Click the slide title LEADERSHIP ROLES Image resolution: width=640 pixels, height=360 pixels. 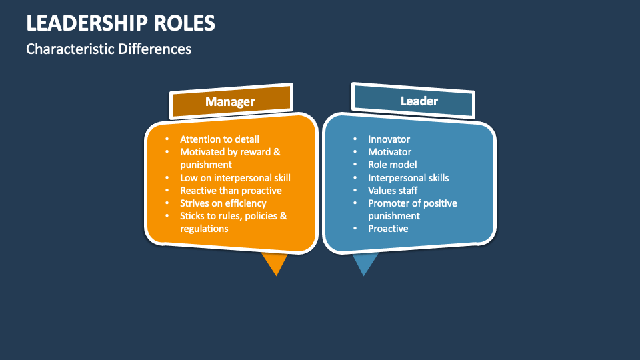(121, 23)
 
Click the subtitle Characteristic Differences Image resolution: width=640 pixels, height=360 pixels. (109, 49)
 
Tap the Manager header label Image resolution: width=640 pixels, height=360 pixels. (230, 101)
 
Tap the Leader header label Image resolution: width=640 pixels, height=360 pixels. (419, 101)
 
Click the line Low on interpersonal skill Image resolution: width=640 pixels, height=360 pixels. (235, 178)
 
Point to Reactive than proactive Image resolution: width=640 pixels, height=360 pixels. (231, 191)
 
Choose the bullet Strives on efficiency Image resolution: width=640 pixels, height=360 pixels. (223, 203)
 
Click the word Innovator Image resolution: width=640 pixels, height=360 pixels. (389, 139)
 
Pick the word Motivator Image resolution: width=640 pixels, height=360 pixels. (390, 152)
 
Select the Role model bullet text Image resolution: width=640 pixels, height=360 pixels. (393, 165)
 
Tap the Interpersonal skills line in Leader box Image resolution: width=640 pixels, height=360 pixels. (409, 178)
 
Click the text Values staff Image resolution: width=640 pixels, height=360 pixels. (393, 191)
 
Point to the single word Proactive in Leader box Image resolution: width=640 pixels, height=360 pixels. (389, 229)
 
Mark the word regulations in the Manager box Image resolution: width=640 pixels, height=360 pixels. (205, 229)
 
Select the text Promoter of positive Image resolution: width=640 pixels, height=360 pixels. (413, 203)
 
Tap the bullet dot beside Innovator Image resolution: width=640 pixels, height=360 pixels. (355, 139)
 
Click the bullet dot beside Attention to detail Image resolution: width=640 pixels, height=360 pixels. (167, 139)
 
